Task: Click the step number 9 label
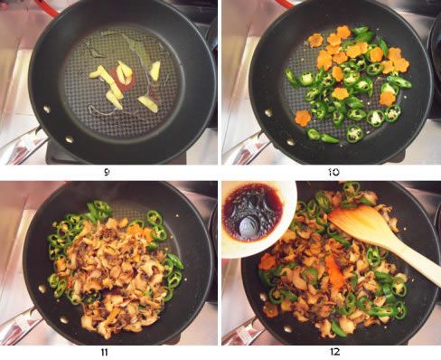point(107,172)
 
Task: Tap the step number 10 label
point(333,172)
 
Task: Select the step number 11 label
point(104,352)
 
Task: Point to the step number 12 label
point(334,352)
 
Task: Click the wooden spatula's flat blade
point(360,222)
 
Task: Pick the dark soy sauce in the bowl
point(252,212)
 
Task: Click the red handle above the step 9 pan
point(47,7)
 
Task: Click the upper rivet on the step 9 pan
point(47,109)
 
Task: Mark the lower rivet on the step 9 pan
point(70,139)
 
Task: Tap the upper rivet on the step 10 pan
point(268,113)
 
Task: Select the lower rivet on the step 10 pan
point(290,142)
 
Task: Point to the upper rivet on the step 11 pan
point(42,289)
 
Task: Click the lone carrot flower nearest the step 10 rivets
point(303,118)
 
